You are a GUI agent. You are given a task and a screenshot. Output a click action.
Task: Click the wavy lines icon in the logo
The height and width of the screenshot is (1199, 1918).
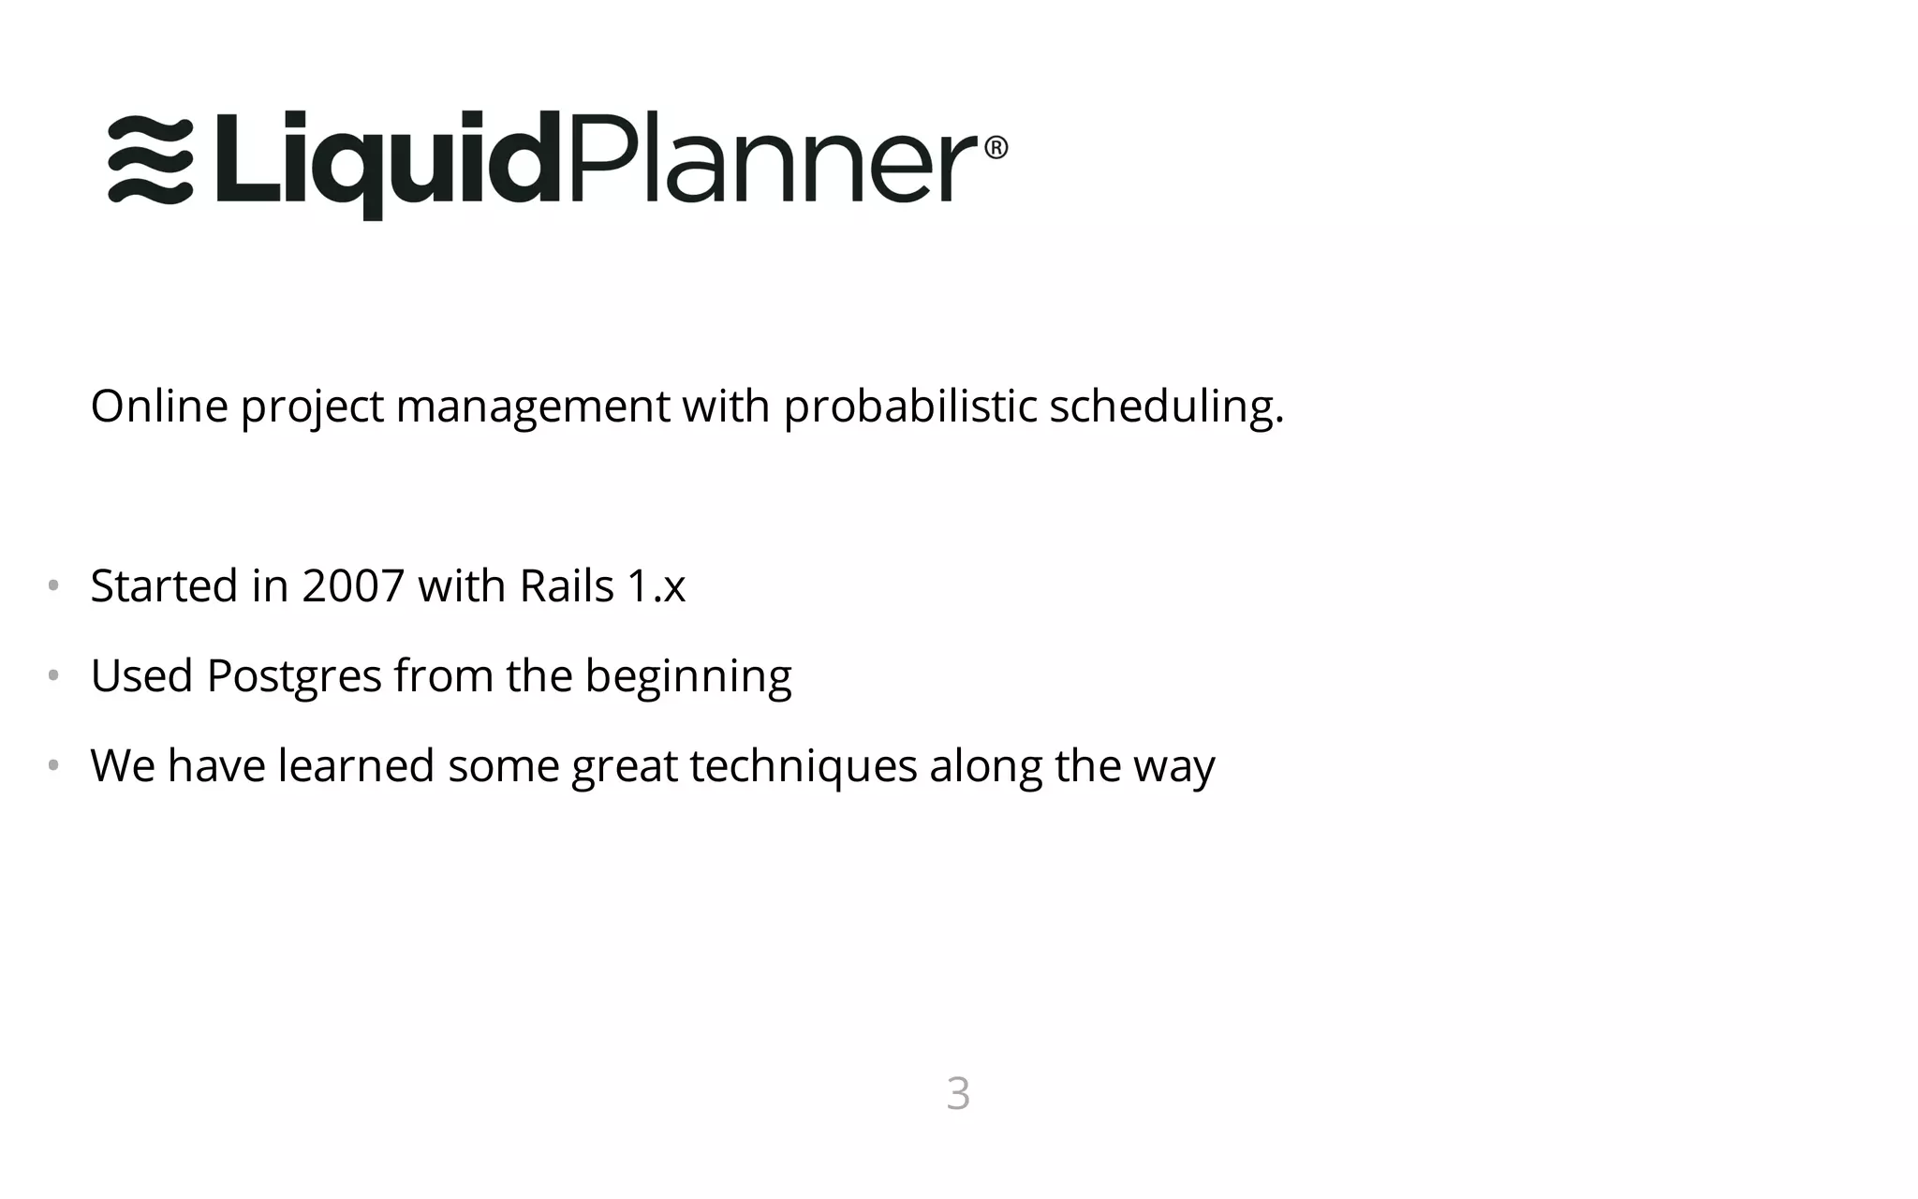[151, 160]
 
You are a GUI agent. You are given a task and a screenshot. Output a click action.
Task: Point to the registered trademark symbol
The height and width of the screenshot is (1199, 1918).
[996, 148]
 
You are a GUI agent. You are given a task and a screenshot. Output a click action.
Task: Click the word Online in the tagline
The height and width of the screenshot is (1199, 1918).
[159, 407]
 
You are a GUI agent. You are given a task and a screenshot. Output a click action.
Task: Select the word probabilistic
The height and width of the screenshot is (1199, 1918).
[909, 407]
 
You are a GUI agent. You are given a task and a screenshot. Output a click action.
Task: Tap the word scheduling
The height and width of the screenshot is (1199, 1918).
[1165, 407]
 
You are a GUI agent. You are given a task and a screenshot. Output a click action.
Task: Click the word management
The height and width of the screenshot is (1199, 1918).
[532, 407]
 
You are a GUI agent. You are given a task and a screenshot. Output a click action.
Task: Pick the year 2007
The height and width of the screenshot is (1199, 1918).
[353, 586]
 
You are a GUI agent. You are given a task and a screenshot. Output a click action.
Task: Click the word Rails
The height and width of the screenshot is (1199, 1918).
[567, 586]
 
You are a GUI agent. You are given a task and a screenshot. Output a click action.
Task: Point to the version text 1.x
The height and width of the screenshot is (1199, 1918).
[657, 586]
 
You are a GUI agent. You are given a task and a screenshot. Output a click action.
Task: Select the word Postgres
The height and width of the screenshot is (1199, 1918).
[294, 676]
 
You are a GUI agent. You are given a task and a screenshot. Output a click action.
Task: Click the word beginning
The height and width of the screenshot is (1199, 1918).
[688, 676]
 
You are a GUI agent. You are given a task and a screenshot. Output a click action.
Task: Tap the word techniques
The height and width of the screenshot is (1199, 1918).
[803, 766]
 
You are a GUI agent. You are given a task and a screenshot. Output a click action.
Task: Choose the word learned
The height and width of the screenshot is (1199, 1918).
[356, 766]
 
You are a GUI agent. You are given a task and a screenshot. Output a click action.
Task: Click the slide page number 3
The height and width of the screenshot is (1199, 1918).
[958, 1093]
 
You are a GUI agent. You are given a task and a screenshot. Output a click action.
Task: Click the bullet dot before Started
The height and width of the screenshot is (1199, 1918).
[53, 586]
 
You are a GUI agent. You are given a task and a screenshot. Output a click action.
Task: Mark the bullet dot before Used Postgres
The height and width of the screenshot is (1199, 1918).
[53, 675]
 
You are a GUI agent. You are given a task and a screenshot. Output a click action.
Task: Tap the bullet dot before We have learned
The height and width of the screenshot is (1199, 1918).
[53, 765]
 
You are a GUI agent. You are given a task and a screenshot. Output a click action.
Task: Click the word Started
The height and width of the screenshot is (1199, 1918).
[164, 586]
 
